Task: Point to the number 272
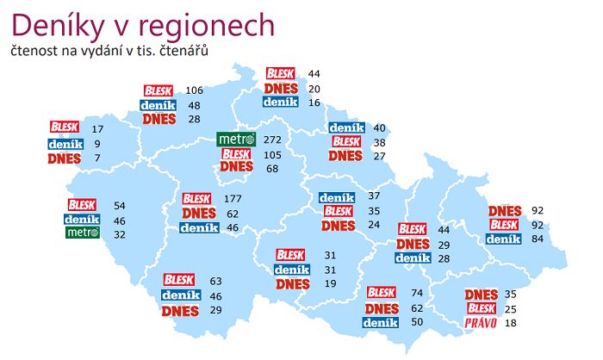[x=274, y=140]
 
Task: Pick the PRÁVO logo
[x=481, y=323]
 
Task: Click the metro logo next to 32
[x=83, y=233]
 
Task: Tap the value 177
[x=233, y=199]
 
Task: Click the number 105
[x=274, y=154]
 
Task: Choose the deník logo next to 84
[x=503, y=239]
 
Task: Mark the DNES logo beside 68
[x=237, y=168]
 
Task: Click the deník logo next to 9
[x=65, y=144]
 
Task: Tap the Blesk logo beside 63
[x=179, y=280]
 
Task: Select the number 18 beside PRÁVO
[x=512, y=323]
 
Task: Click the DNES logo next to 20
[x=282, y=89]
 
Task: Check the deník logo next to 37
[x=336, y=197]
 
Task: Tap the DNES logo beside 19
[x=293, y=283]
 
